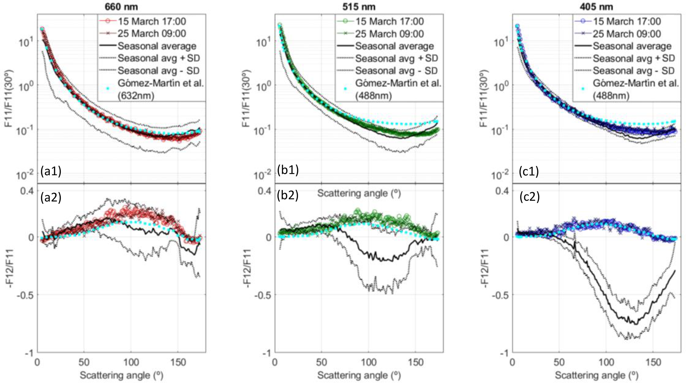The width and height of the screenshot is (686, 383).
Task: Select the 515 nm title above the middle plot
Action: point(359,6)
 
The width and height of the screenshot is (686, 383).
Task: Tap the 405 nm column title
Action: point(596,6)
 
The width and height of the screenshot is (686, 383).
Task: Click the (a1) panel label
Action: point(51,171)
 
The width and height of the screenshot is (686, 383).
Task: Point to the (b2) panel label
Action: point(288,195)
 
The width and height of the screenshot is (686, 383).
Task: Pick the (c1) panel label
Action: point(529,171)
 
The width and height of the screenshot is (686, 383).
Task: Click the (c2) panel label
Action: point(529,197)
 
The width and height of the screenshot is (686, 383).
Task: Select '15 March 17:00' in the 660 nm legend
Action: point(152,21)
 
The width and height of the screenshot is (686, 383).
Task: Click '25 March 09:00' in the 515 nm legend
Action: point(389,34)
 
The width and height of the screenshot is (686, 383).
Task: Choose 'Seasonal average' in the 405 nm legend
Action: point(632,46)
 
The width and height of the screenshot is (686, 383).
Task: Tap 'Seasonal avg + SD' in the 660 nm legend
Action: point(159,58)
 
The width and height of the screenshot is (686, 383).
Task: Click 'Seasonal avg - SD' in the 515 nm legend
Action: point(396,71)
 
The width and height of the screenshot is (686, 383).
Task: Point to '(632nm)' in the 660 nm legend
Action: point(136,96)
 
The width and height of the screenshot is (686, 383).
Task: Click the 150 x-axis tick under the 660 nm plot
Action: point(178,362)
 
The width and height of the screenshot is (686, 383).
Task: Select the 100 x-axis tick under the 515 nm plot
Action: point(368,362)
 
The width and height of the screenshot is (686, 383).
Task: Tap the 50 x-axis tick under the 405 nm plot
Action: point(559,362)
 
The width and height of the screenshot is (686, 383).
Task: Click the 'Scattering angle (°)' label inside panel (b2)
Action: point(359,193)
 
